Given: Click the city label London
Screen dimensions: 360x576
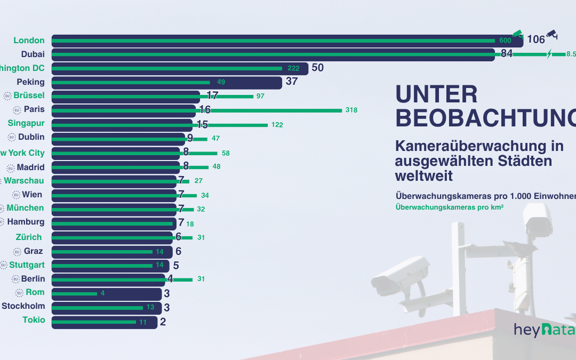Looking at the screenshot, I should pos(29,41).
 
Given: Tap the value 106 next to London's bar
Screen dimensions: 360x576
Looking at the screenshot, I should pos(536,39).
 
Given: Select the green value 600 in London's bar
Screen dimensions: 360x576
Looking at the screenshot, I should pos(505,41).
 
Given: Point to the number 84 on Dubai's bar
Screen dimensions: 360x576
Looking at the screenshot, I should pos(507,54).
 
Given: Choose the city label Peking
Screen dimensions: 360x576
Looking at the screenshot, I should pos(30,82).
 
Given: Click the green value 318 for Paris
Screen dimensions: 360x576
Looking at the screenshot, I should pos(351,110).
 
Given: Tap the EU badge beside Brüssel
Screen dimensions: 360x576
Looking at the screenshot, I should pos(7,96).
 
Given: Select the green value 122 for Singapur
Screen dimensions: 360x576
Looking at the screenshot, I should pos(276,125).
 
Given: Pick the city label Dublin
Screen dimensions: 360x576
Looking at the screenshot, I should pos(31,138).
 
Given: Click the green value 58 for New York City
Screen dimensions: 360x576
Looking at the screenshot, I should pos(226,153).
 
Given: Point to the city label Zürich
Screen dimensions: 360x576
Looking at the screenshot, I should pos(29,237).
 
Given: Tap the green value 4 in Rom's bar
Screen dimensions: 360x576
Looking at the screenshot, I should pos(102,293).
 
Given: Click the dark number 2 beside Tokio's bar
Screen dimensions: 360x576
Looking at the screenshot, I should pos(162,322).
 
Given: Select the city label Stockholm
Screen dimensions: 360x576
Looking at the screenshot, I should pos(23,306).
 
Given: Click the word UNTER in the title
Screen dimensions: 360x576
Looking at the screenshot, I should pos(436,94).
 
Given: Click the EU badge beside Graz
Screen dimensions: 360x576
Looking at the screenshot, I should pos(17,251).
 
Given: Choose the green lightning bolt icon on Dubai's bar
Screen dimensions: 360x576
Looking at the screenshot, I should pos(549,53).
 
